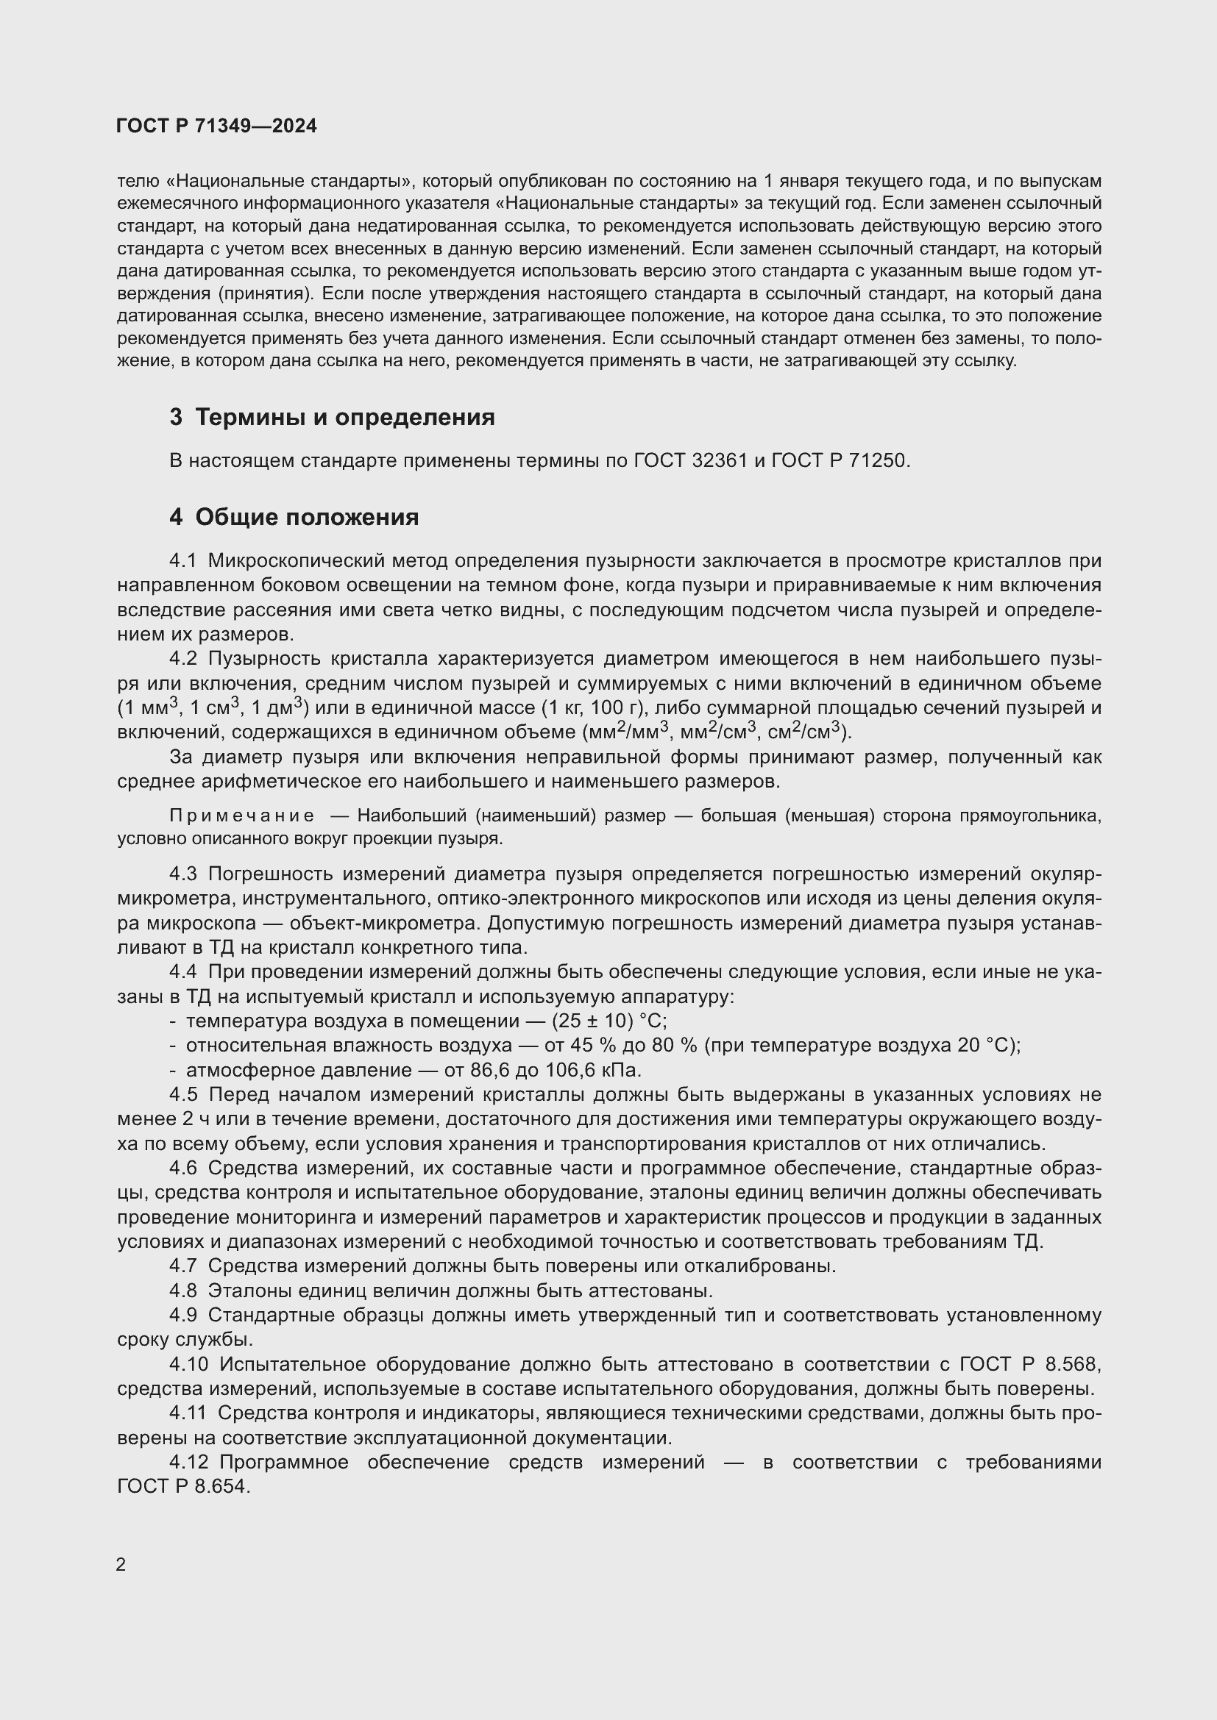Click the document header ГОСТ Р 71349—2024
(216, 126)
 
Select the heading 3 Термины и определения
(332, 417)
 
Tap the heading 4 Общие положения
(294, 517)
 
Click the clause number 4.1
(183, 561)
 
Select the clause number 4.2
(183, 658)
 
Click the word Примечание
(241, 816)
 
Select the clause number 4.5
(183, 1094)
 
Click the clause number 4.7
(183, 1266)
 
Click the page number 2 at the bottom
(121, 1565)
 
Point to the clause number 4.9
(183, 1316)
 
